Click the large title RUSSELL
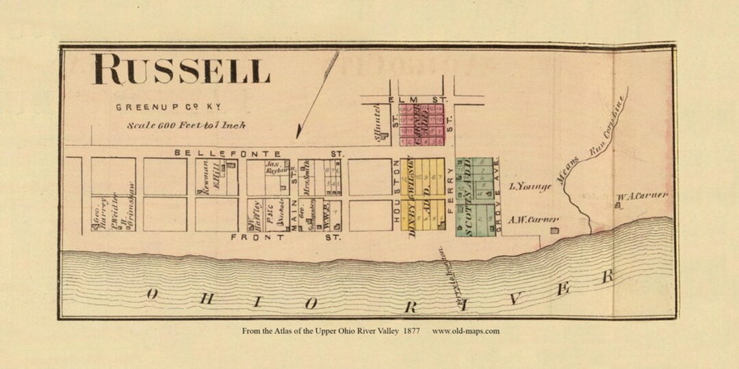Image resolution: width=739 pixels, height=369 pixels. coord(181,70)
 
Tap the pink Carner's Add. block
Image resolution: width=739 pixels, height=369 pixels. coord(422,124)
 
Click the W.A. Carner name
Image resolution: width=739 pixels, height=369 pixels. coord(641,196)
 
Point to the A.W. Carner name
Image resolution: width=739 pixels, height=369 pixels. coord(534,219)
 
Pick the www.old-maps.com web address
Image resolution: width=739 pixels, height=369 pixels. coord(466,331)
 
